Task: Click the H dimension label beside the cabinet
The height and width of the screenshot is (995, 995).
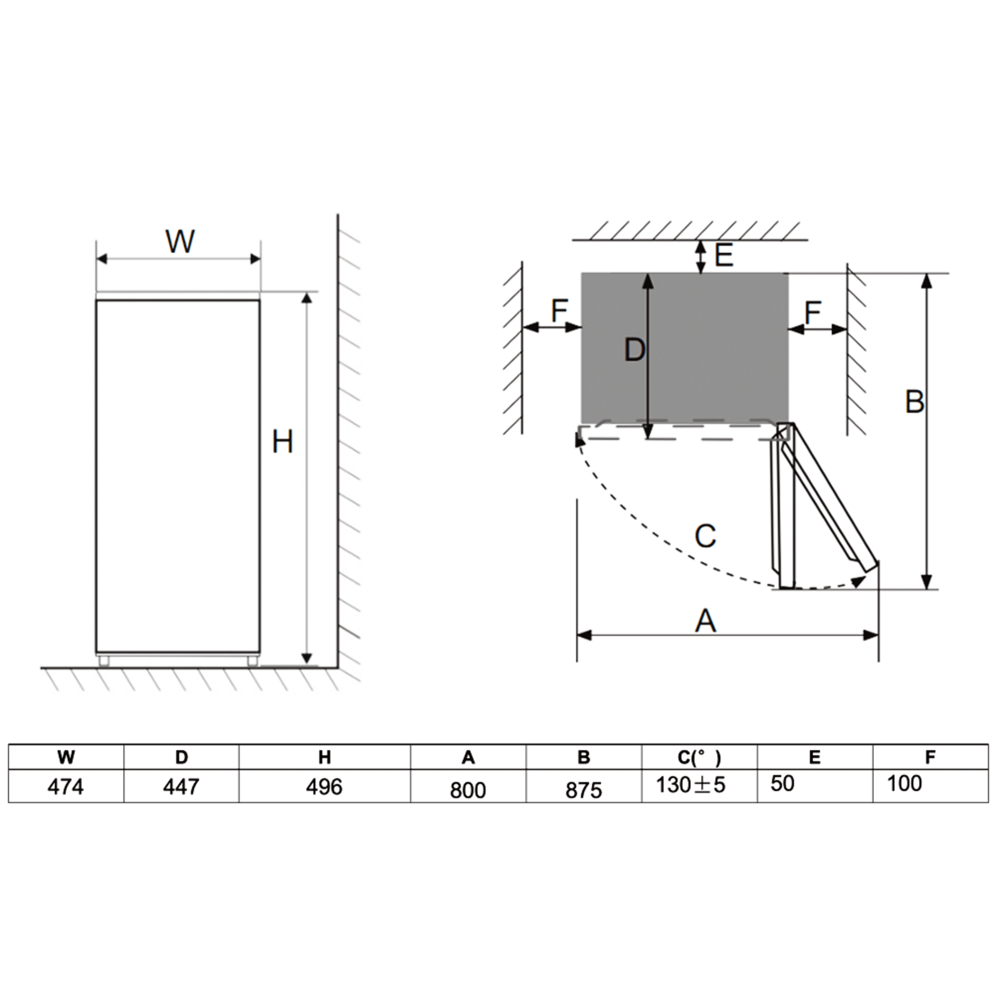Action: [x=282, y=442]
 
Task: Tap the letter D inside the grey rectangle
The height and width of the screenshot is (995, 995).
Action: [x=634, y=350]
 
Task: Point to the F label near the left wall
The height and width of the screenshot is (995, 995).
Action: [x=559, y=310]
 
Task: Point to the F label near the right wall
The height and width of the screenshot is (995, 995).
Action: [x=813, y=312]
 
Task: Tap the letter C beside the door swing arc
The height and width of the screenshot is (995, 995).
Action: [x=704, y=536]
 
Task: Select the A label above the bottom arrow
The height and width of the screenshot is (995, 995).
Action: [x=705, y=620]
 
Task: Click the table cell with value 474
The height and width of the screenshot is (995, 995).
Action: [x=66, y=787]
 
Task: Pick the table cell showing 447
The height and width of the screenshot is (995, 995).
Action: [x=181, y=787]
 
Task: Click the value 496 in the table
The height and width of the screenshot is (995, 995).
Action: [x=324, y=787]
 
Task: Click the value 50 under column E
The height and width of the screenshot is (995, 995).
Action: [x=782, y=783]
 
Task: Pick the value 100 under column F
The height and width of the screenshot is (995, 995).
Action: [x=904, y=783]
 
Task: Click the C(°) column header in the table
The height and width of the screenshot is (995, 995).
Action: [x=699, y=757]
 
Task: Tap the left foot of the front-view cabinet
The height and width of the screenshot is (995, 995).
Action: [x=104, y=661]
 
